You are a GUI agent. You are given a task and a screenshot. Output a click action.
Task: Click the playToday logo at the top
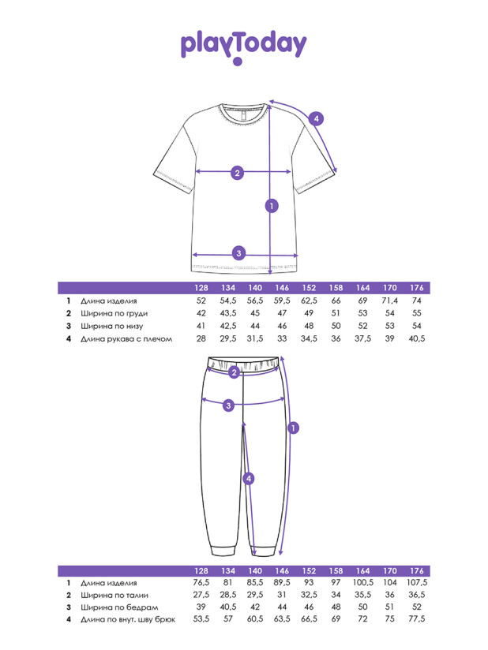coord(243,47)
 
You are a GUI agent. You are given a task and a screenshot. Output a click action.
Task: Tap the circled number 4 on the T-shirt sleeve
coord(316,119)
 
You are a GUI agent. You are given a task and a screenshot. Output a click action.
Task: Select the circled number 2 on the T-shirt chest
coord(237,173)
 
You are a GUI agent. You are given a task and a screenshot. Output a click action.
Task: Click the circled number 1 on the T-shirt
coord(272,206)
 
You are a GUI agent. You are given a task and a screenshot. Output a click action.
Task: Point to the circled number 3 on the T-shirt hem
coord(238,253)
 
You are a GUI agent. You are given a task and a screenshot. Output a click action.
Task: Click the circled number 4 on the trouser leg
coord(249,479)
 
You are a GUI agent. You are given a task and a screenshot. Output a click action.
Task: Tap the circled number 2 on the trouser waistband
coord(234,372)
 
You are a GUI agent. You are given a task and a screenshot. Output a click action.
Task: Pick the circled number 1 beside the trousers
coord(294,428)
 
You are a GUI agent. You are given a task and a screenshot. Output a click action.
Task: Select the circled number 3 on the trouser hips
coord(229,405)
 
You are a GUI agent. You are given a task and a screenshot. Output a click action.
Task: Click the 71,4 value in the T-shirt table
coord(389,301)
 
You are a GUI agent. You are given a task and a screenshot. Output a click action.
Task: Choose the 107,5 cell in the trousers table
coord(417,582)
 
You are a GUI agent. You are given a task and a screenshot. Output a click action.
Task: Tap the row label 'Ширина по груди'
coord(114,313)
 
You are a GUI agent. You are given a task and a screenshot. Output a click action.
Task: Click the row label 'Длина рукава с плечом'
coord(126,338)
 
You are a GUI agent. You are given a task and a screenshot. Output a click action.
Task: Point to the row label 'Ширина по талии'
coord(114,596)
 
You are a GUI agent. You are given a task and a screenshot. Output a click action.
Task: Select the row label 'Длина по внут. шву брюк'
coord(128,619)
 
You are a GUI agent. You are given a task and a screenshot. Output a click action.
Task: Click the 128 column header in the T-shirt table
coord(201,288)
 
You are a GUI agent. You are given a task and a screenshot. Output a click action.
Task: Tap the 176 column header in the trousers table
coord(417,571)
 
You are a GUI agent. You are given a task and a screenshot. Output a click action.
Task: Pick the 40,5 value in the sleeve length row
coord(417,338)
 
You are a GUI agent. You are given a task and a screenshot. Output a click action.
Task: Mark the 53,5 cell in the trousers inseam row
coord(201,619)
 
